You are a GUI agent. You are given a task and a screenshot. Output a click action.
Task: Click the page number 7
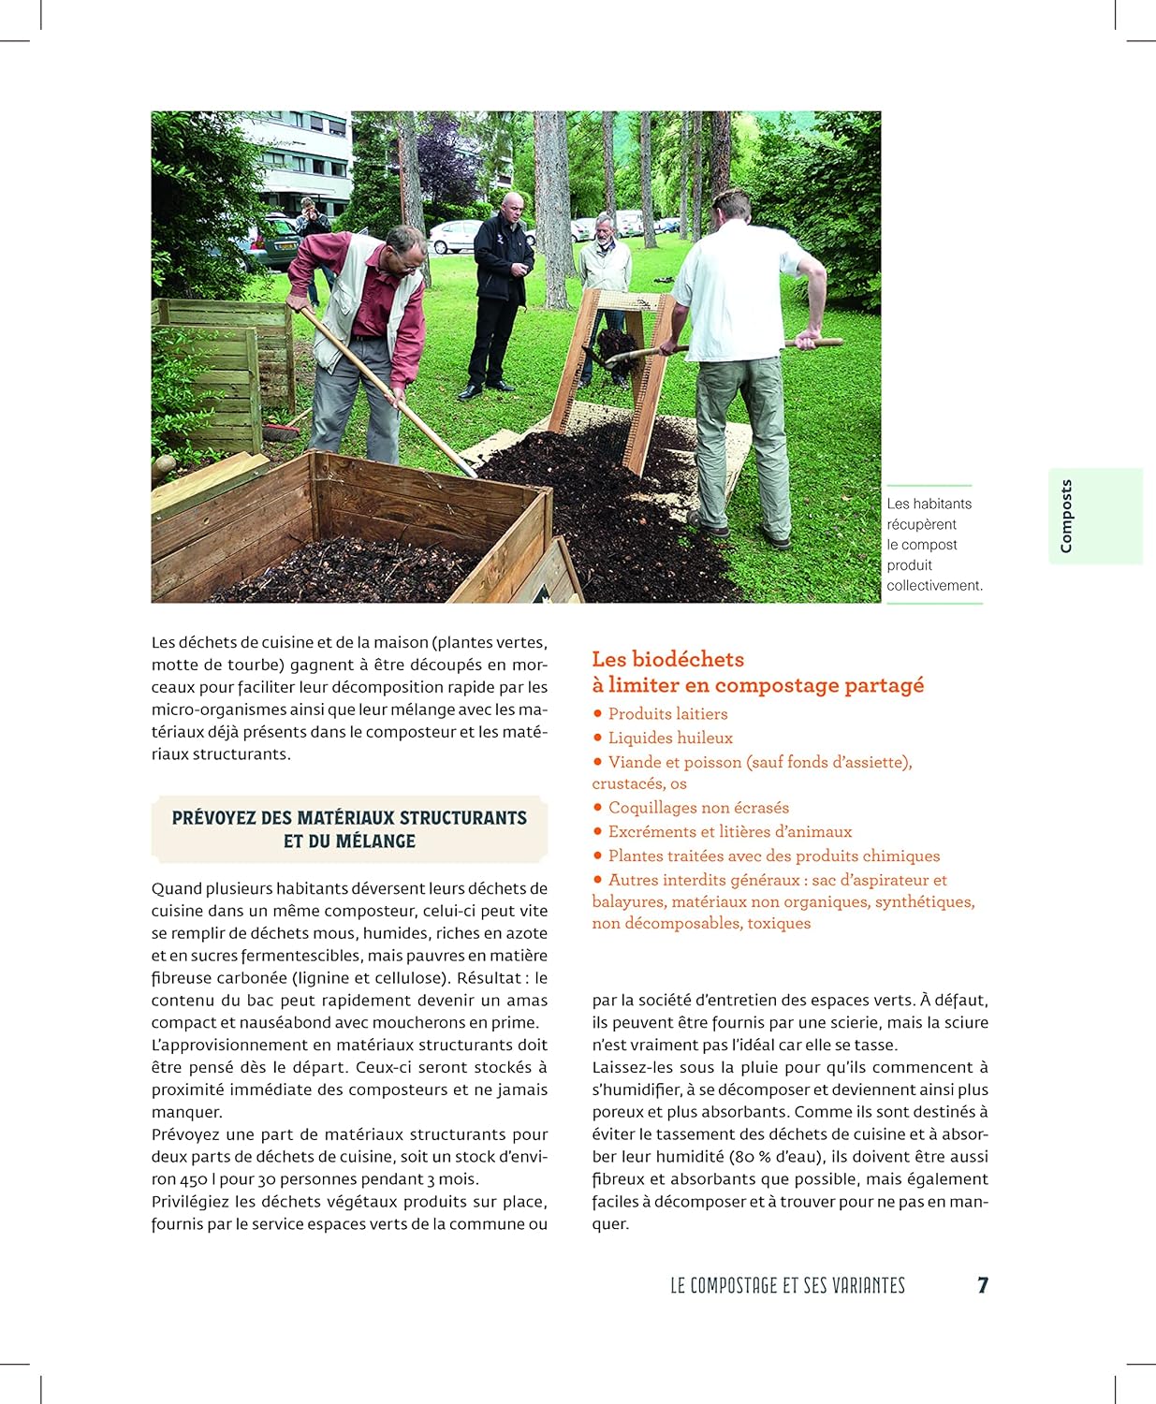(x=983, y=1285)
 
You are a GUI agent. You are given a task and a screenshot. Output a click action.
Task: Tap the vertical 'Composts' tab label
(x=1066, y=516)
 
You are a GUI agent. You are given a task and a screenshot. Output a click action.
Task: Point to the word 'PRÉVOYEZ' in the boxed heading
(x=214, y=818)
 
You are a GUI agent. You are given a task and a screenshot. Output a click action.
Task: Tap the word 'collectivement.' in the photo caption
(x=934, y=586)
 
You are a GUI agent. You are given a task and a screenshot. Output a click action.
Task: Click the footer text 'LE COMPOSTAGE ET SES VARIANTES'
(x=787, y=1286)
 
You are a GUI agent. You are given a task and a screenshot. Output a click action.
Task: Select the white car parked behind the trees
(x=455, y=236)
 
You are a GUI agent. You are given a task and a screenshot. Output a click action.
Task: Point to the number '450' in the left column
(x=193, y=1179)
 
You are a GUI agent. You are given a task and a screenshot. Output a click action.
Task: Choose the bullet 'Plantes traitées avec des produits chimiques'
(x=773, y=856)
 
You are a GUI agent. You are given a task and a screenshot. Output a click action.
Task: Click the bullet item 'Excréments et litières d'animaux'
(x=730, y=831)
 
